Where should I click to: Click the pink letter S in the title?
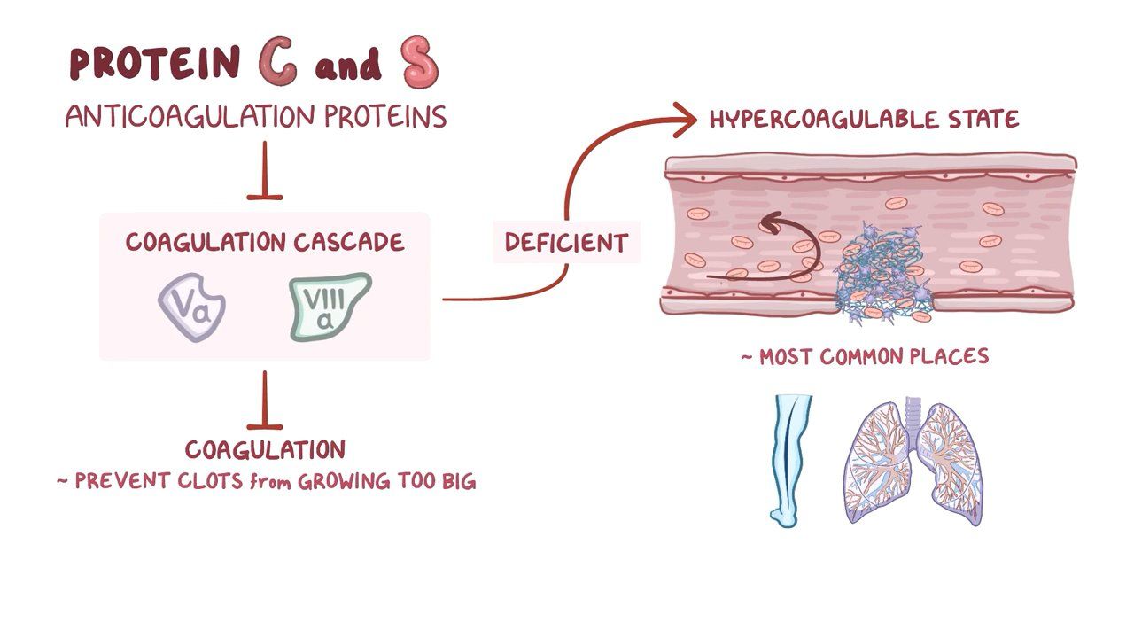[419, 63]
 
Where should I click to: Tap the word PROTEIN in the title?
[155, 65]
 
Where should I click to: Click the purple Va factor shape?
[191, 307]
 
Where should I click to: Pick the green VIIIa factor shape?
[329, 307]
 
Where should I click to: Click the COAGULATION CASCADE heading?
[264, 242]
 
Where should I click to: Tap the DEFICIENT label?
[566, 243]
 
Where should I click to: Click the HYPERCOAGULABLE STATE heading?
[864, 119]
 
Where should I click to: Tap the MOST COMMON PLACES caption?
[865, 357]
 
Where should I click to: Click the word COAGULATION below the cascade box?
[265, 449]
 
